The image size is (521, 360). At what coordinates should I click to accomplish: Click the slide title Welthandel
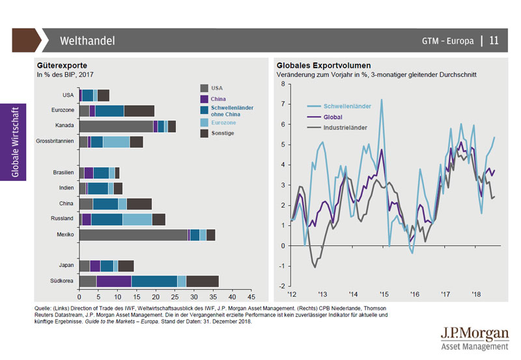(87, 41)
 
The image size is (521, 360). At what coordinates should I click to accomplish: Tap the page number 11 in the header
(494, 41)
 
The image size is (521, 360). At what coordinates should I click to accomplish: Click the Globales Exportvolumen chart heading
(324, 66)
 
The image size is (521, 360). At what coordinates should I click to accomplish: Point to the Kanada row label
(64, 126)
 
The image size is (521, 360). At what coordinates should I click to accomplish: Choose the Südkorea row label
(63, 281)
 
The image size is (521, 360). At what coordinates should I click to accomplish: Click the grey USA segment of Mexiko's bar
(133, 235)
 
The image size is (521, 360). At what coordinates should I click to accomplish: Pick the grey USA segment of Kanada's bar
(116, 126)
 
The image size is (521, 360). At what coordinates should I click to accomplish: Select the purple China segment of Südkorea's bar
(113, 281)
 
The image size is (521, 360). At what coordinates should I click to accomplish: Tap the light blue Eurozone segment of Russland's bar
(137, 219)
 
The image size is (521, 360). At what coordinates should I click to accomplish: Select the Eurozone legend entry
(223, 122)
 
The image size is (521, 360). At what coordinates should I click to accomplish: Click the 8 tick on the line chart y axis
(283, 84)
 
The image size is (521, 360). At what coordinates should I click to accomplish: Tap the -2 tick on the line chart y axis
(281, 286)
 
